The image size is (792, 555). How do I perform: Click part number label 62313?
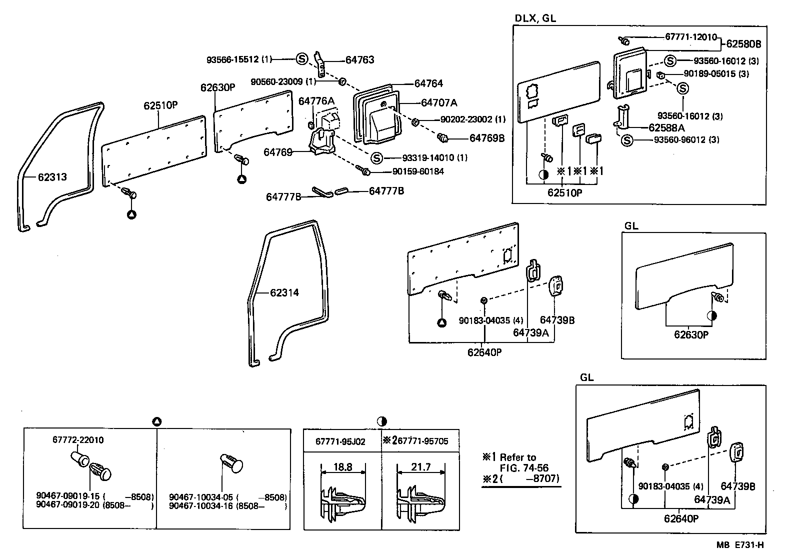tap(52, 177)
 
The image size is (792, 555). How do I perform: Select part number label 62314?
tap(284, 292)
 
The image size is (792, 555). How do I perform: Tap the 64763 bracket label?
tap(359, 60)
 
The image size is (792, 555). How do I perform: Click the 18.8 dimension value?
tap(342, 467)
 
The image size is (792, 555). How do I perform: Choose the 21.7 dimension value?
tap(420, 467)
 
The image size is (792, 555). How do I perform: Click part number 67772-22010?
tap(78, 440)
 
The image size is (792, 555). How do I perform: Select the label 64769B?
tap(486, 138)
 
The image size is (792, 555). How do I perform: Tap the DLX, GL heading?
tap(535, 18)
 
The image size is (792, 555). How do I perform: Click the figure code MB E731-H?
tap(739, 545)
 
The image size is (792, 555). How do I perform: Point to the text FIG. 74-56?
tap(524, 468)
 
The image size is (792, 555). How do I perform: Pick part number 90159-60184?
tap(418, 171)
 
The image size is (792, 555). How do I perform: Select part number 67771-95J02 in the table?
tap(340, 441)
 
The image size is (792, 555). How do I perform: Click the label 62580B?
tap(743, 44)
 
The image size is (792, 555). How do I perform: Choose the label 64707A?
tap(439, 103)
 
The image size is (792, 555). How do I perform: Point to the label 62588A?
tap(666, 128)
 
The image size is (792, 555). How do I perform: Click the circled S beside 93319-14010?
tap(376, 158)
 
